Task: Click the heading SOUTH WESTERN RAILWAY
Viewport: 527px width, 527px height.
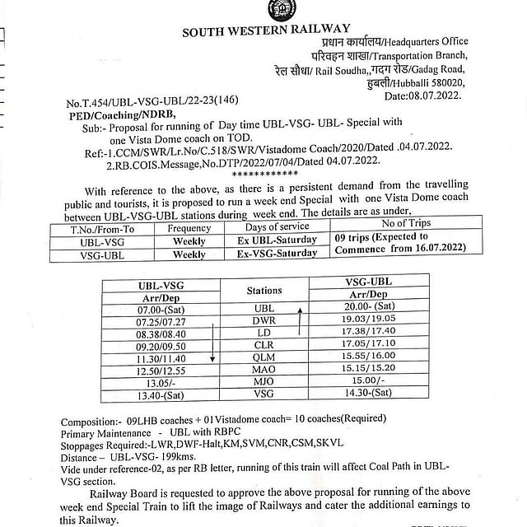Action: [273, 31]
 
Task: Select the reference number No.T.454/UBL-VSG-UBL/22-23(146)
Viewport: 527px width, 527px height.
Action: [152, 102]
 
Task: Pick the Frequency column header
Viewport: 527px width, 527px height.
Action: [189, 228]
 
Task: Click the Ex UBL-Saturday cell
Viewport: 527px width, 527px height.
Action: [277, 240]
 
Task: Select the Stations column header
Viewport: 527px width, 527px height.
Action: [263, 291]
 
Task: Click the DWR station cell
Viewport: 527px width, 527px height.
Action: [263, 320]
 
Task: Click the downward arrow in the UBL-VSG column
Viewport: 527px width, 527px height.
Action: [212, 343]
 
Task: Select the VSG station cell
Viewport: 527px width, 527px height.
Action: [263, 394]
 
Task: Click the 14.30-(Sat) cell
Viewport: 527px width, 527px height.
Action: [368, 394]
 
